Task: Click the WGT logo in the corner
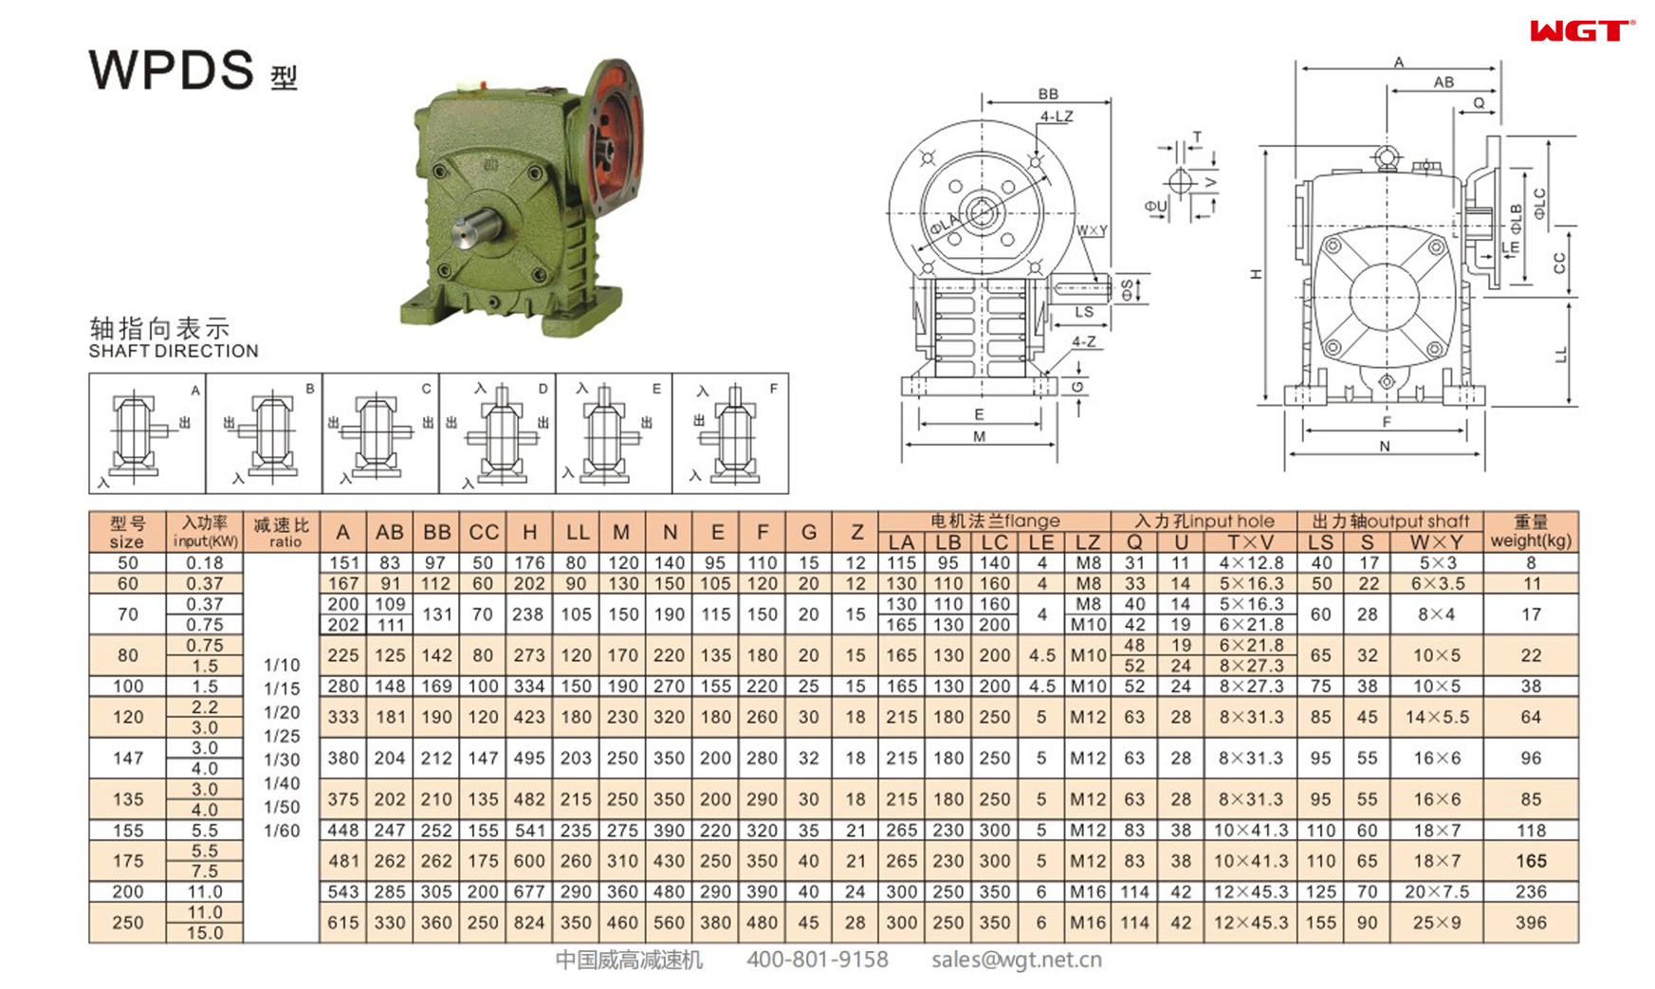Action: coord(1581,31)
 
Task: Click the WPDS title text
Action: coord(172,69)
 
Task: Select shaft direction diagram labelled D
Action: coord(498,433)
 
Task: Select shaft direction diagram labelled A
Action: coord(147,433)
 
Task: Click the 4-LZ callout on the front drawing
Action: coord(1056,117)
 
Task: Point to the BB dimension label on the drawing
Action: coord(1047,94)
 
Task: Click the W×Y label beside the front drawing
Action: coord(1092,230)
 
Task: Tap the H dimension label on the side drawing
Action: coord(1257,274)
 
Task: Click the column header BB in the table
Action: coord(436,532)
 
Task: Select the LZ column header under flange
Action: coord(1087,542)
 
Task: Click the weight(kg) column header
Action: coord(1531,532)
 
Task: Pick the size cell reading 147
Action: coord(127,758)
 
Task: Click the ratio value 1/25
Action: coord(282,736)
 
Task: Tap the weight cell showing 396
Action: coord(1531,922)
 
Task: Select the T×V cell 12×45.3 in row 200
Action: coord(1251,891)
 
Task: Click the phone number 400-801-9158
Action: coord(817,960)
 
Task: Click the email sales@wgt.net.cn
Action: coord(1016,960)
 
